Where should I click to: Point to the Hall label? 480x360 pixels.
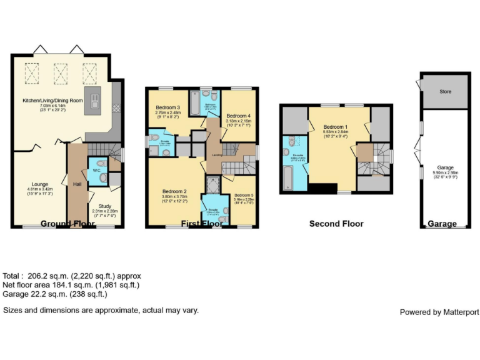click(x=77, y=184)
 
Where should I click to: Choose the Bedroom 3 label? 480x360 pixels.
click(x=169, y=108)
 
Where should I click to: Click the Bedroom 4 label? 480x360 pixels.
click(x=238, y=116)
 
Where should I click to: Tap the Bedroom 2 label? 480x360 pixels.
click(x=172, y=191)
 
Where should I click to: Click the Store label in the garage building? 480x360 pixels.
click(x=445, y=92)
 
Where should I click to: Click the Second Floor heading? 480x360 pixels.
click(x=336, y=223)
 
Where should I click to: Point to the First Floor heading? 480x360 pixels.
click(x=201, y=223)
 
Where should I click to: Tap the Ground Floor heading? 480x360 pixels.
click(x=67, y=223)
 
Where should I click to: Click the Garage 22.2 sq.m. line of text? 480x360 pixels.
click(x=55, y=294)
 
